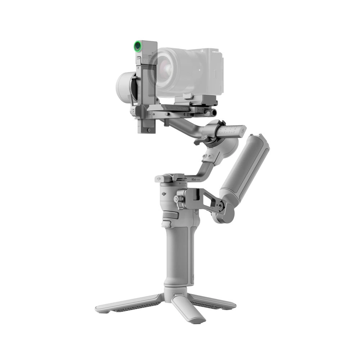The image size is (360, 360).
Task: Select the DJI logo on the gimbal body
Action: [164, 194]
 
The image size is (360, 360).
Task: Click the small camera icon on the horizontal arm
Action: [154, 114]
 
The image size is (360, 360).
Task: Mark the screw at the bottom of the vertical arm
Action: [148, 130]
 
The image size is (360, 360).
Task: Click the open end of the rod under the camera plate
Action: [215, 113]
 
